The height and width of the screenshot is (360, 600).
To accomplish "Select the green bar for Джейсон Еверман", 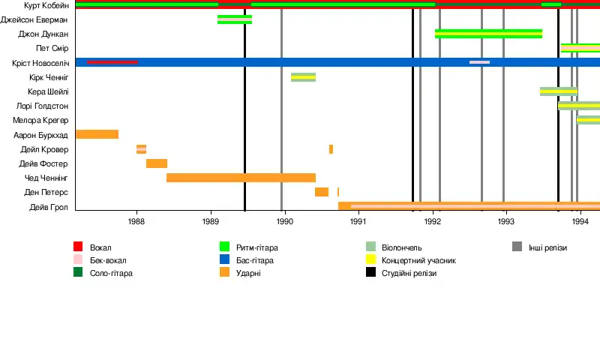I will tap(235, 19).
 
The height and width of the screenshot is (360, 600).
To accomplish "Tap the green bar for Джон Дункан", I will tap(488, 34).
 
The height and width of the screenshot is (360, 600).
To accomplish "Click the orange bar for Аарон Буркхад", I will tap(97, 134).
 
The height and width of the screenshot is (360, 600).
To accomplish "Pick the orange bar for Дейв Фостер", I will tap(157, 163).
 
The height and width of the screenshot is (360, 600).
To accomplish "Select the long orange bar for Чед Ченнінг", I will tap(241, 178).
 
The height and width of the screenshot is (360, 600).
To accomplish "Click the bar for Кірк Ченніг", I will tap(303, 77).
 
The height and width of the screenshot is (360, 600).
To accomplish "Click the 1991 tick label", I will tap(358, 222).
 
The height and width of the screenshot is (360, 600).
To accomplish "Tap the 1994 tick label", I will tap(580, 222).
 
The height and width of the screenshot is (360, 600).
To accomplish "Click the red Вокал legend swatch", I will tap(78, 247).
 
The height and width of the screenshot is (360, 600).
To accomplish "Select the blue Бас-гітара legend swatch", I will tap(224, 260).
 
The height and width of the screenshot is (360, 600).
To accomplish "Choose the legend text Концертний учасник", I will tap(418, 260).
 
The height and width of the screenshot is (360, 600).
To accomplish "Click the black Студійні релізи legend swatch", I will tap(370, 273).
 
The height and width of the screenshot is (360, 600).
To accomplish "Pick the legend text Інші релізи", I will tap(547, 247).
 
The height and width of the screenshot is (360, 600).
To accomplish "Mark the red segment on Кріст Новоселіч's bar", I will tap(112, 62).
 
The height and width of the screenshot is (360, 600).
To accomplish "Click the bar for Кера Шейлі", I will tap(559, 91).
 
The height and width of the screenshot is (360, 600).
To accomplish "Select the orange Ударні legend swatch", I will tap(224, 273).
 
